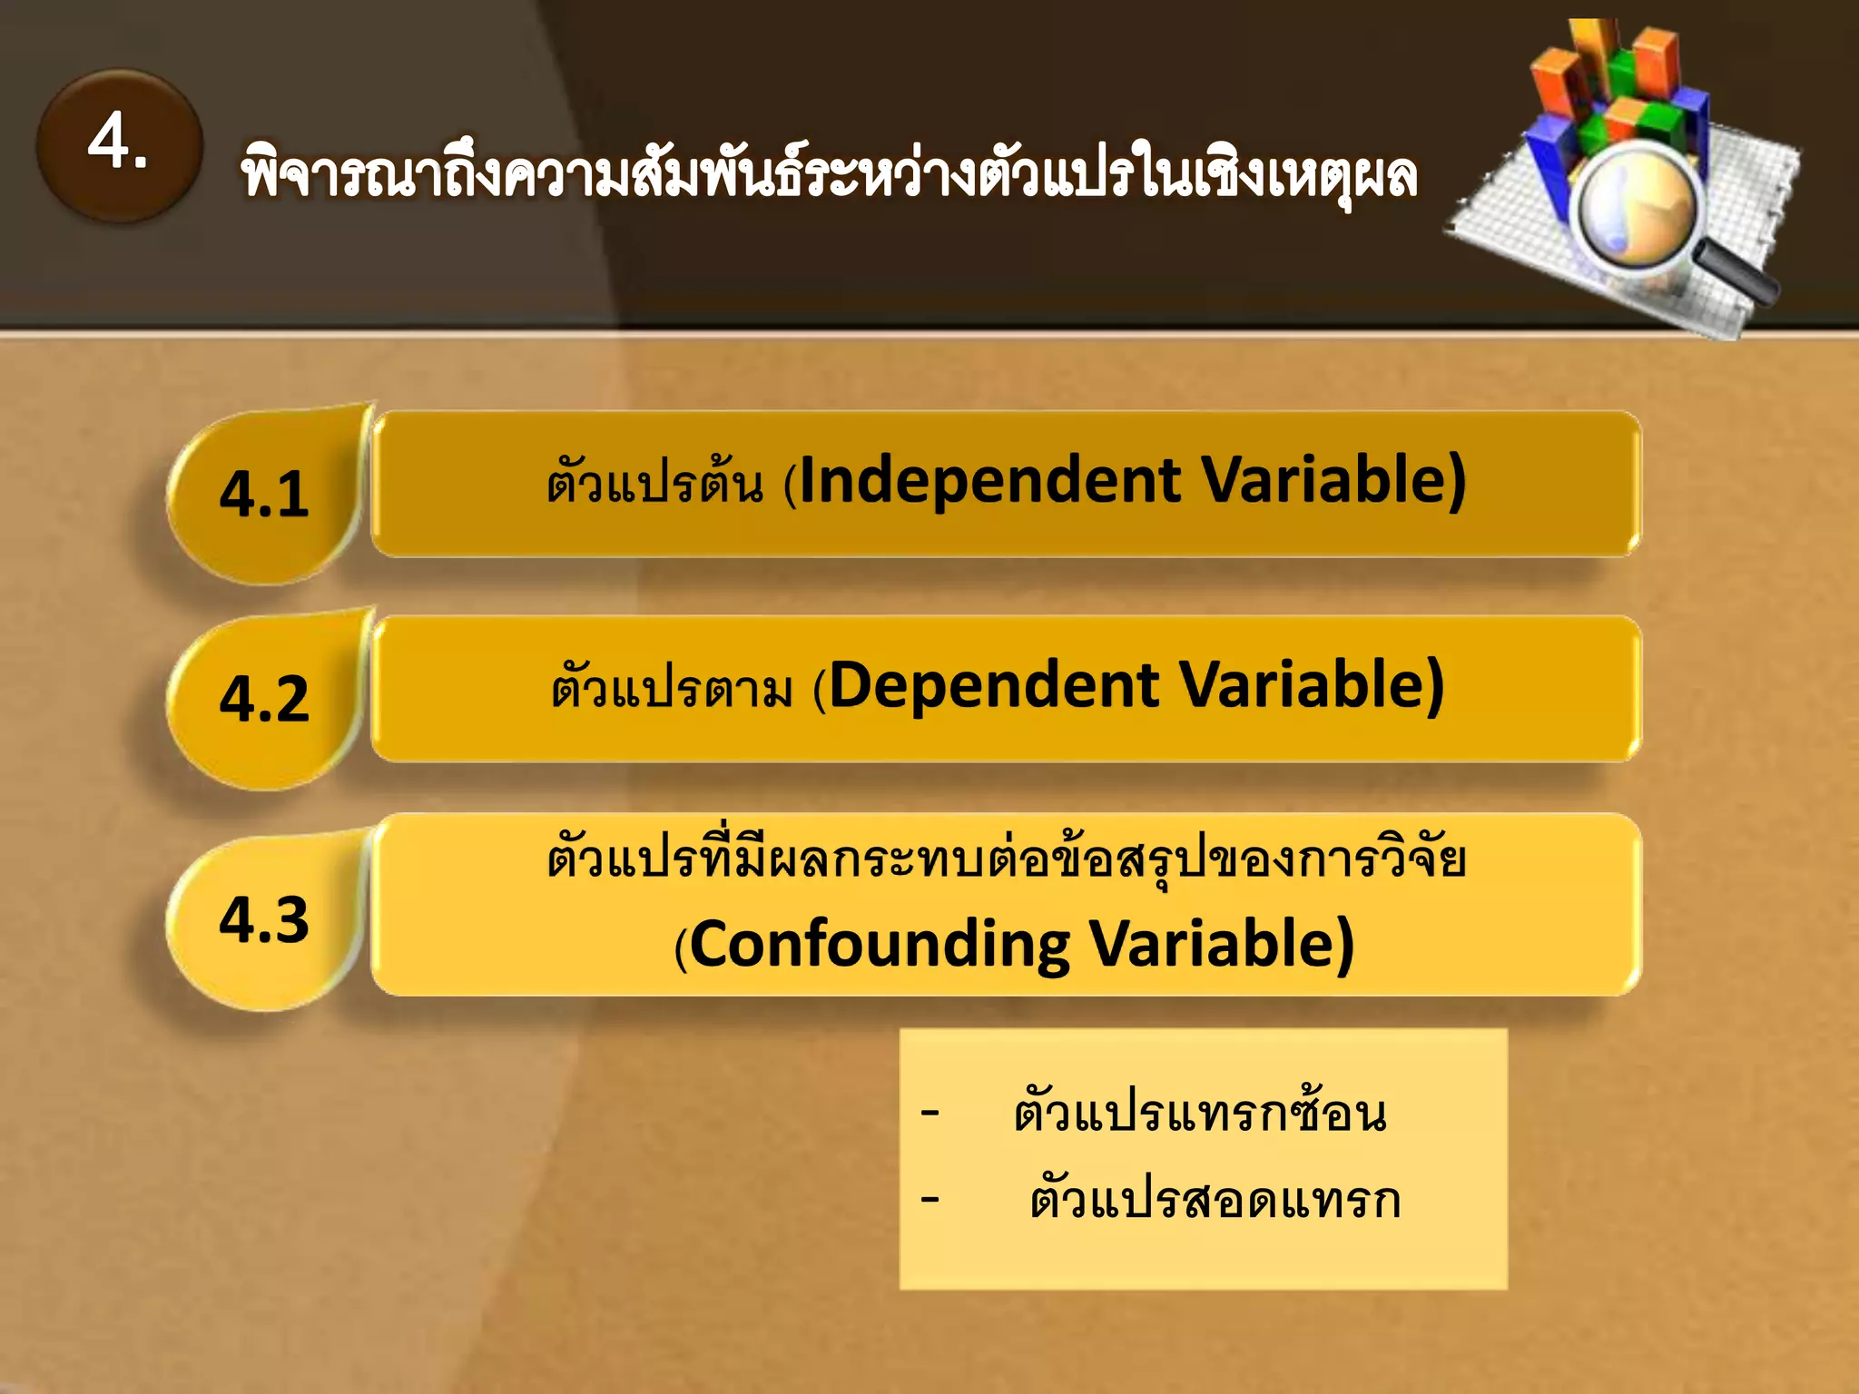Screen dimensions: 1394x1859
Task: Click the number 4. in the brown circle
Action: [118, 143]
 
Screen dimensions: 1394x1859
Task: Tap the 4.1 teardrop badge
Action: [264, 495]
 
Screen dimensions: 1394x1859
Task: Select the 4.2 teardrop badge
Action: [264, 699]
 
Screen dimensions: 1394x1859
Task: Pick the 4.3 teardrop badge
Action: [264, 919]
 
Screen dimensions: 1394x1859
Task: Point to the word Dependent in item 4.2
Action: [995, 685]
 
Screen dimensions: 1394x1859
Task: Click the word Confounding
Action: [880, 945]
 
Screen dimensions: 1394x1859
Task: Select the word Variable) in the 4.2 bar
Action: [1311, 685]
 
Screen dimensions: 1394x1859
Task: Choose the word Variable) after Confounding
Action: [1222, 945]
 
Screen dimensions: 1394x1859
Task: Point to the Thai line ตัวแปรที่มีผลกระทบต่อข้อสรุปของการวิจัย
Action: [1006, 858]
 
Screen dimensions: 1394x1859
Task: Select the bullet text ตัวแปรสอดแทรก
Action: [1215, 1200]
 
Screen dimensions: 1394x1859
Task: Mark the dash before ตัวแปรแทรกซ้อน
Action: [929, 1112]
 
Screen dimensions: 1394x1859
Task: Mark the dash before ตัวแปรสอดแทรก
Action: [929, 1199]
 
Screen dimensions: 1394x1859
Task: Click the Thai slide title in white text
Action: [828, 175]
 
